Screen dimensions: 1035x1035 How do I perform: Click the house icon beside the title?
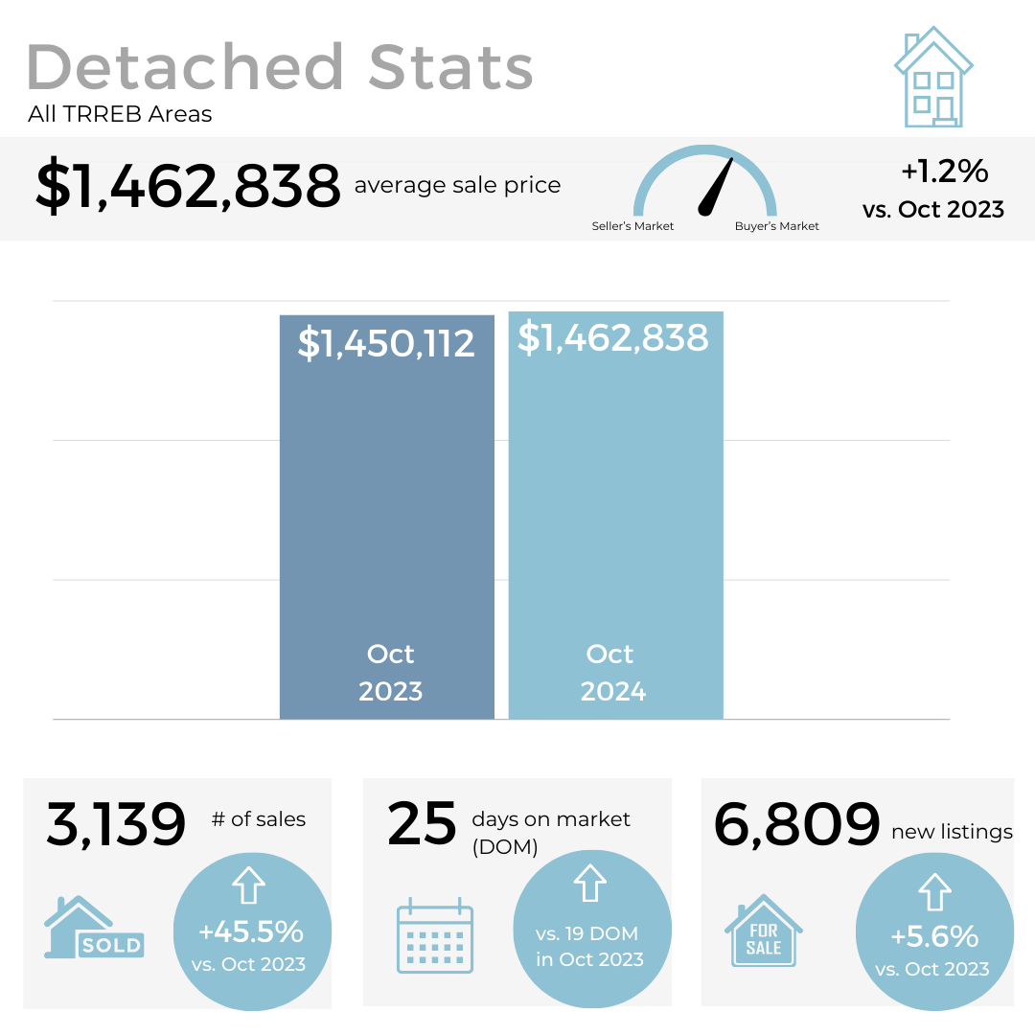tap(933, 79)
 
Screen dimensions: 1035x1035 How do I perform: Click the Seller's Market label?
tap(632, 226)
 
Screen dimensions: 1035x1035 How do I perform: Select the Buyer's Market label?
tap(777, 226)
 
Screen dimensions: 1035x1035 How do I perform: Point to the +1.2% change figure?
tap(944, 172)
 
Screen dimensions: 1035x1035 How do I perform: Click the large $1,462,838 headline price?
tap(188, 186)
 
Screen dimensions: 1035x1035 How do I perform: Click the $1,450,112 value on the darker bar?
tap(386, 343)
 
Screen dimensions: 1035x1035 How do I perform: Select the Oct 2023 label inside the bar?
tap(390, 673)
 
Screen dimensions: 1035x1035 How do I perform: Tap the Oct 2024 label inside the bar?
tap(612, 673)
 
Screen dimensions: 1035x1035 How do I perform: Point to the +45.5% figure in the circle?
tap(251, 931)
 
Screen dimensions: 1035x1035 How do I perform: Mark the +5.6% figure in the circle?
tap(933, 936)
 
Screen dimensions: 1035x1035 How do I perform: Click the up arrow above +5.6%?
tap(933, 893)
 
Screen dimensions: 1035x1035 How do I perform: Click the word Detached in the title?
tap(186, 67)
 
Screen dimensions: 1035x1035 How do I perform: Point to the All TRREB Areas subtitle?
tap(120, 115)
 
